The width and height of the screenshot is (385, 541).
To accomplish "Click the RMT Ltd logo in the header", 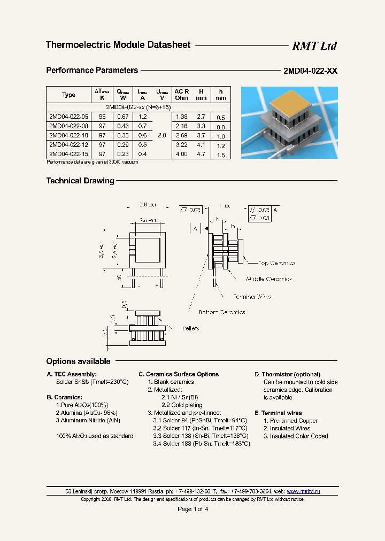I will coord(314,46).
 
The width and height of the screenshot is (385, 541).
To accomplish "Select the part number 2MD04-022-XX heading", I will coord(310,71).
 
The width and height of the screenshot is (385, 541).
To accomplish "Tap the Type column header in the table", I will coord(68,95).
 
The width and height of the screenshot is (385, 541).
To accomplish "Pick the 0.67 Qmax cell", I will coord(123,117).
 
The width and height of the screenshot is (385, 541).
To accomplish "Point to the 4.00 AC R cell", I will coord(182,154).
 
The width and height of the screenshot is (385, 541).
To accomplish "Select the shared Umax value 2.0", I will coord(161,136).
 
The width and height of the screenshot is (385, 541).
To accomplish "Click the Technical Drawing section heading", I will coord(80,181).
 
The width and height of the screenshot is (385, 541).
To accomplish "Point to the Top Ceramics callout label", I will coord(276,263).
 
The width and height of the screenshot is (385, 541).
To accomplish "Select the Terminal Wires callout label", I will coord(251,297).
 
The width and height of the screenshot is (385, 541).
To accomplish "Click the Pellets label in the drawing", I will coord(190,328).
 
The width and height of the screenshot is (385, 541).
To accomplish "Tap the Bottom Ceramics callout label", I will coord(222,312).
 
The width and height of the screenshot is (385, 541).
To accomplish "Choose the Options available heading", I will coord(78,361).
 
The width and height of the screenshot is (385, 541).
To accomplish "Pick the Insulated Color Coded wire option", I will coord(295,436).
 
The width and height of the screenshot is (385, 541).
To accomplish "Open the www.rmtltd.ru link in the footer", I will coord(303,491).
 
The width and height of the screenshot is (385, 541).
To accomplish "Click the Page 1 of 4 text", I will coord(192,509).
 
